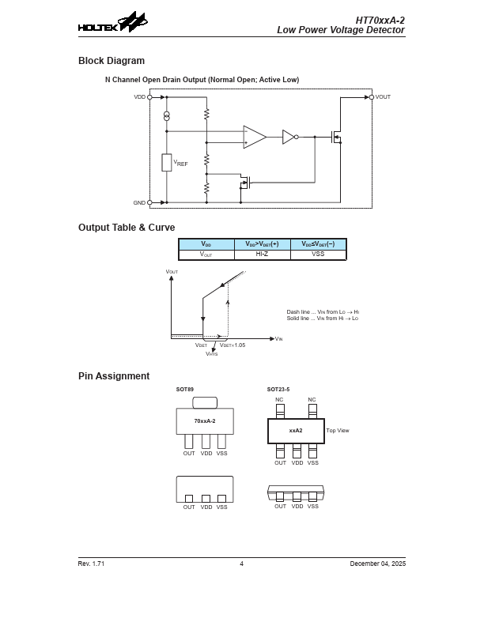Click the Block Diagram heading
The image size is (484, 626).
click(x=112, y=61)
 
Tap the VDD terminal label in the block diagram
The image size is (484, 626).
click(x=140, y=97)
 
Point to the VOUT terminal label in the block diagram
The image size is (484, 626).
click(x=383, y=97)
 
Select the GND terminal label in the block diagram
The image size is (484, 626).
click(x=139, y=203)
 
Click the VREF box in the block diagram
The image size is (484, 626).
click(x=167, y=163)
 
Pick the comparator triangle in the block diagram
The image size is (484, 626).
click(x=254, y=137)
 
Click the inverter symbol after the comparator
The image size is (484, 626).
click(x=289, y=137)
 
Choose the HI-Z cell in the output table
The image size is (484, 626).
click(x=263, y=254)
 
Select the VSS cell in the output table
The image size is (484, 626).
click(x=318, y=254)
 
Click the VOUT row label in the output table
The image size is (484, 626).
click(x=206, y=254)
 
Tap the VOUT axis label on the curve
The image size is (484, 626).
click(x=172, y=272)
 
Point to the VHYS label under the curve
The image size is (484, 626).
click(x=211, y=353)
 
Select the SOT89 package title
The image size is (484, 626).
click(x=184, y=390)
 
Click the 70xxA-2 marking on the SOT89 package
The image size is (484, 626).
click(x=205, y=420)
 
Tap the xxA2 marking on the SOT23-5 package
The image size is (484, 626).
click(x=296, y=431)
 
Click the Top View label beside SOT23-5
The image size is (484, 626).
click(x=338, y=431)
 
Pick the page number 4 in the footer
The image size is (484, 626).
click(x=241, y=564)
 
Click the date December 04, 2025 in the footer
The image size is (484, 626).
click(x=377, y=564)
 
